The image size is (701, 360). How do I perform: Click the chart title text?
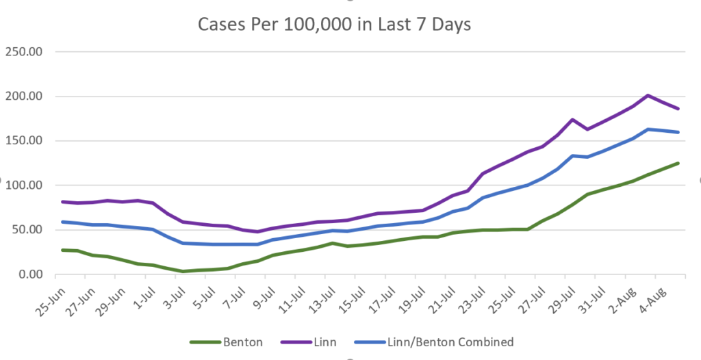pos(334,25)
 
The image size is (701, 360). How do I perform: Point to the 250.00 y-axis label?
pos(24,52)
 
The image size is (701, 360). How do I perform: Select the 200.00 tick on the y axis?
pos(24,97)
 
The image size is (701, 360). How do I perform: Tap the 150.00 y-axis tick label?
pos(24,141)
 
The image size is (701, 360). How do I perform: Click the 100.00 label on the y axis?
pos(24,185)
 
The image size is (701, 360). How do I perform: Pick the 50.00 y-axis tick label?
pos(27,230)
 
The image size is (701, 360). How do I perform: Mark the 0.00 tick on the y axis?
pos(30,274)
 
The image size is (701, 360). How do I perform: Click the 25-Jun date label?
pos(51,302)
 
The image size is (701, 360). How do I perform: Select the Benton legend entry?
pos(226,343)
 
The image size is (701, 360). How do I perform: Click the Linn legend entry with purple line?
pos(309,343)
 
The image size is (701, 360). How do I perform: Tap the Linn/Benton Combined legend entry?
pos(433,343)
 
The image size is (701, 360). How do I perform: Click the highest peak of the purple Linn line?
pos(648,95)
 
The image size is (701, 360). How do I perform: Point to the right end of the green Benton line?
pos(678,163)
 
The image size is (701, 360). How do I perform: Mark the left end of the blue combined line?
pos(62,222)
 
